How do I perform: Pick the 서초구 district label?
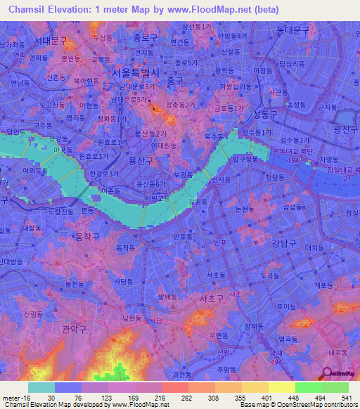[211, 299]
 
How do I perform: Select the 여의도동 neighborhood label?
[34, 170]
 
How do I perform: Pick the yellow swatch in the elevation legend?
[281, 387]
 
